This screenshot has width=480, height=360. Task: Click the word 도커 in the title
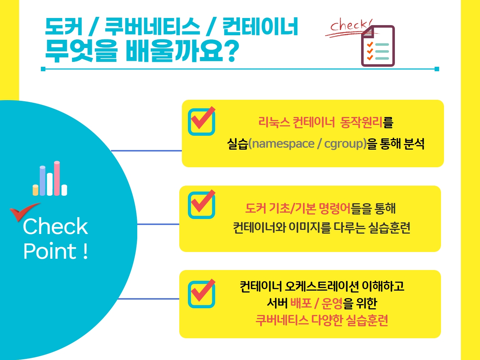pyautogui.click(x=64, y=26)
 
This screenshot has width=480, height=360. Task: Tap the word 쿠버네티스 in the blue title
pyautogui.click(x=152, y=26)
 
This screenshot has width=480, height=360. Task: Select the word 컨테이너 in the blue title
pyautogui.click(x=260, y=26)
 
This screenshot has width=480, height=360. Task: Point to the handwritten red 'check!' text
pyautogui.click(x=351, y=26)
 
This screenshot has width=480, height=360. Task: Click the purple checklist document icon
pyautogui.click(x=378, y=46)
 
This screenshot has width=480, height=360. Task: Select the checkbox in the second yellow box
pyautogui.click(x=202, y=204)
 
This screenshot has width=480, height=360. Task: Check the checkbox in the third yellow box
pyautogui.click(x=202, y=294)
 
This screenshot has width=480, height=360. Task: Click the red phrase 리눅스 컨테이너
pyautogui.click(x=297, y=122)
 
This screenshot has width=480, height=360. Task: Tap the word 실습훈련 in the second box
pyautogui.click(x=389, y=228)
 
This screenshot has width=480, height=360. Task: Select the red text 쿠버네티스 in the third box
pyautogui.click(x=282, y=320)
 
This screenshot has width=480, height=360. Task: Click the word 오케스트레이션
pyautogui.click(x=322, y=286)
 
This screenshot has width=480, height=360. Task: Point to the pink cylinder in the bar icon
pyautogui.click(x=57, y=178)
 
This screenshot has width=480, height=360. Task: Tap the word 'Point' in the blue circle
pyautogui.click(x=50, y=251)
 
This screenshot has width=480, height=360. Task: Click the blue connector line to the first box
pyautogui.click(x=147, y=151)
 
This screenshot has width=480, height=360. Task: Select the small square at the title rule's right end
pyautogui.click(x=437, y=69)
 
